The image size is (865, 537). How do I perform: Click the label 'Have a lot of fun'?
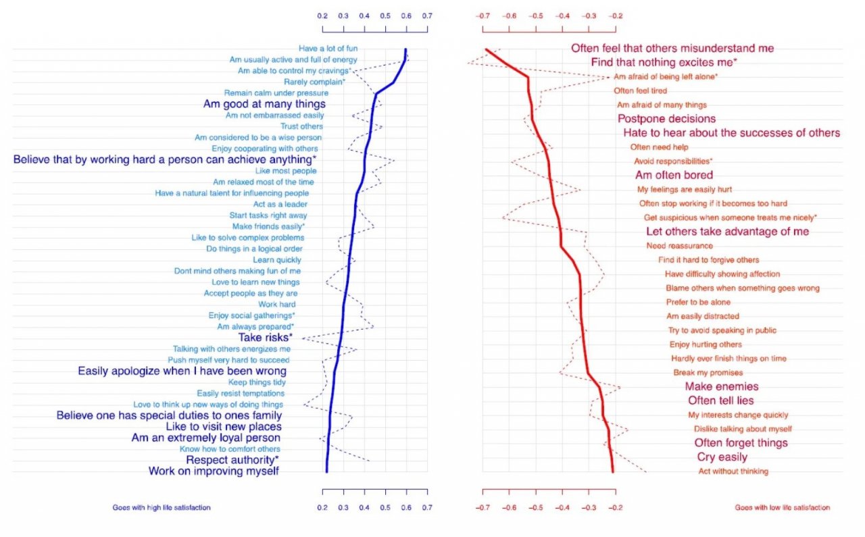pos(328,48)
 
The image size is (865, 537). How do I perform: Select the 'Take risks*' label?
pos(265,337)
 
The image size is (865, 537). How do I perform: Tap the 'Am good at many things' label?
pos(264,104)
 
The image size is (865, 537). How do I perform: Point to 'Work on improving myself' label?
pos(214,471)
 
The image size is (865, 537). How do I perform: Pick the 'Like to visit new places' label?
pos(224,426)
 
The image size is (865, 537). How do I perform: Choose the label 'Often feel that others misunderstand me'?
pos(672,48)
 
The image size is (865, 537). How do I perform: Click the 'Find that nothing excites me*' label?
pos(664,62)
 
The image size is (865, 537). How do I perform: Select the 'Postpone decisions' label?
pos(666,119)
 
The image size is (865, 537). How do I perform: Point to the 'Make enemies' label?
pos(722,386)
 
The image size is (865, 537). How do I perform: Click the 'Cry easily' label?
pos(722,457)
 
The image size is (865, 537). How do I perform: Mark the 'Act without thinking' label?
pos(733,471)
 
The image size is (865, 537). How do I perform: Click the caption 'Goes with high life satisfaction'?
pos(166,507)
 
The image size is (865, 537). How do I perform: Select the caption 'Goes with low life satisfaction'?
pos(782,507)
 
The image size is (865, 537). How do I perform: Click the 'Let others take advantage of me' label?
pos(727,232)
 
